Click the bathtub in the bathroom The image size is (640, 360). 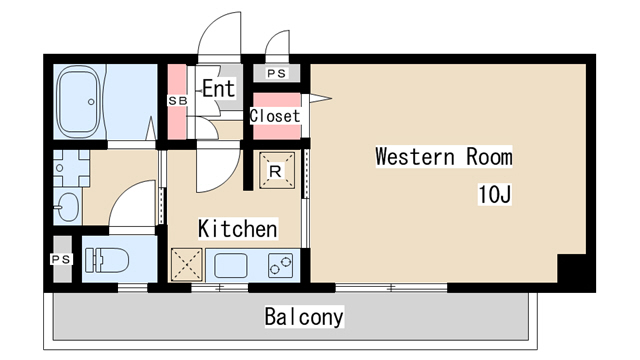tap(79, 101)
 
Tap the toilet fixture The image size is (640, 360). tap(107, 260)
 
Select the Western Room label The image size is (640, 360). tap(444, 157)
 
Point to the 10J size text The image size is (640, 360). tap(494, 194)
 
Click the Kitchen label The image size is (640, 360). tap(238, 229)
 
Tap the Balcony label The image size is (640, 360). tap(304, 316)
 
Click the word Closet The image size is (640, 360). tap(275, 116)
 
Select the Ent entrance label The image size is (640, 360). tap(219, 88)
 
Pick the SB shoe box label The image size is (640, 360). tap(178, 100)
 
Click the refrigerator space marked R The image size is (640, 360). tap(277, 171)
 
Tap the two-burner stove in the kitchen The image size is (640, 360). tap(280, 266)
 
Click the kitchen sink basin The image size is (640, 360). tap(231, 265)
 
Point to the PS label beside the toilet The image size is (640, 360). tap(61, 259)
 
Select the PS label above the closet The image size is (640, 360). tap(277, 73)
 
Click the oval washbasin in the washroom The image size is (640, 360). tap(67, 207)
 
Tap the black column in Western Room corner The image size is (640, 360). tap(572, 269)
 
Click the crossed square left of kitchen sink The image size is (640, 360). tap(187, 265)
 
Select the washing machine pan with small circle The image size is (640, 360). tap(71, 168)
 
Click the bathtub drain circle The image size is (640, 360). tap(91, 102)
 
